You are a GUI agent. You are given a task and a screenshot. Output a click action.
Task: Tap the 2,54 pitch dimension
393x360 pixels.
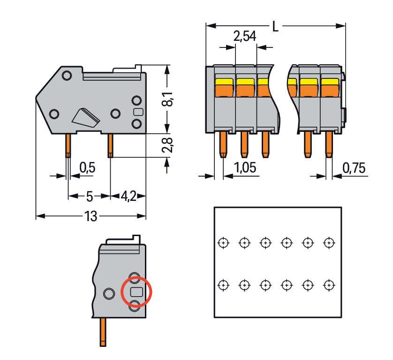[x=244, y=36]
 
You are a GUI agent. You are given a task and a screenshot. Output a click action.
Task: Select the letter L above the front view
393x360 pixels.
[x=275, y=27]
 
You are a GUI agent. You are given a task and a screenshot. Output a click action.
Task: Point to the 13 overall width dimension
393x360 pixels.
[x=91, y=216]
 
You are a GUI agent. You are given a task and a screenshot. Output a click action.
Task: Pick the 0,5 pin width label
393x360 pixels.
[x=87, y=168]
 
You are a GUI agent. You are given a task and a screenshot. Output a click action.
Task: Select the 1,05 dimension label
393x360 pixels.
[x=245, y=168]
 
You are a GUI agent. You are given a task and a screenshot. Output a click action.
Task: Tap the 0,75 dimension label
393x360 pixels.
[x=354, y=168]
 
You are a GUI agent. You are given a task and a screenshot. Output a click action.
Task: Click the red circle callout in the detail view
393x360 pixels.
[x=137, y=291]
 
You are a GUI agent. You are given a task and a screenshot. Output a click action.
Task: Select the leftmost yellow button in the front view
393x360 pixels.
[x=224, y=83]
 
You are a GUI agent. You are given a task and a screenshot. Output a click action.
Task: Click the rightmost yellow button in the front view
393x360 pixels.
[x=330, y=83]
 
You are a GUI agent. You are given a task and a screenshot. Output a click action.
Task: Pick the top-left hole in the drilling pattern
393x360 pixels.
[x=224, y=243]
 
